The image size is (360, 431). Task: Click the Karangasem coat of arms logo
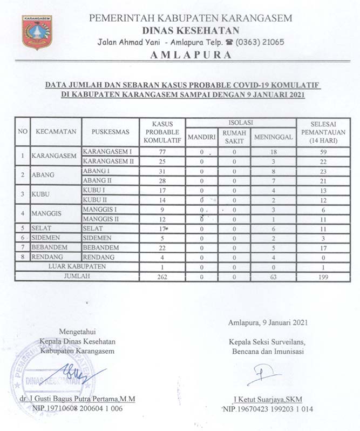point(37,32)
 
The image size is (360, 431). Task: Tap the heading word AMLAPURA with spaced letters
point(191,55)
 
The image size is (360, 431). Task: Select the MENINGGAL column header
point(273,137)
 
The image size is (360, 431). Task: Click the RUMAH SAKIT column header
point(235,137)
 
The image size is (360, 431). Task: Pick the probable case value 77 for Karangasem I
point(162,152)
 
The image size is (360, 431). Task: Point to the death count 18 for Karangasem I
point(273,152)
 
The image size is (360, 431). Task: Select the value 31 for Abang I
point(162,171)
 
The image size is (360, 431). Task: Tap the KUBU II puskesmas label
point(98,200)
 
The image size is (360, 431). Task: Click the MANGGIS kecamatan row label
point(50,214)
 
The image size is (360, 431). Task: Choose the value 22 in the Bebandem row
point(162,248)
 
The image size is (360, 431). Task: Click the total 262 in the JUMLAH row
point(162,277)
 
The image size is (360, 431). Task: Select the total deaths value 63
point(273,277)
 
